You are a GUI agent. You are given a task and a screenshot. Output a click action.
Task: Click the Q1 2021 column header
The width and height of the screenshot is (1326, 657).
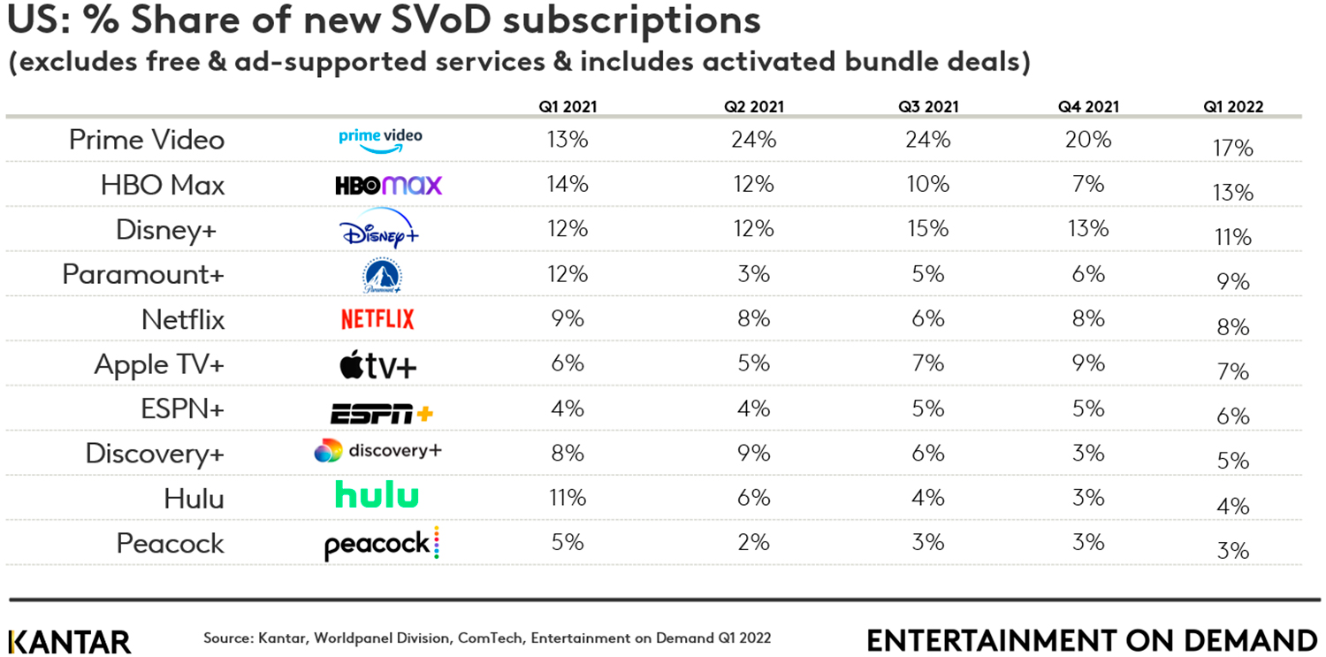tap(568, 107)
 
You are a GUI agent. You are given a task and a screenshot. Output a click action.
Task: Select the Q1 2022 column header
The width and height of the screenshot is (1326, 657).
tap(1232, 107)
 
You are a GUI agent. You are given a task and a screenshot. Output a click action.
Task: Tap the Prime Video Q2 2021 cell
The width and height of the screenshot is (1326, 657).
tap(754, 140)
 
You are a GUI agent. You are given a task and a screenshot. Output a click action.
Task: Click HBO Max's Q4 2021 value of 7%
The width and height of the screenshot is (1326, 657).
tap(1088, 184)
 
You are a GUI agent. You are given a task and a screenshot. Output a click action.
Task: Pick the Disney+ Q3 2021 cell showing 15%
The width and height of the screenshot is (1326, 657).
tap(928, 229)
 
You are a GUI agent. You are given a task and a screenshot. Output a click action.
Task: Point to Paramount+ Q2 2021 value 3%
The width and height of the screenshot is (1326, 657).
tap(754, 274)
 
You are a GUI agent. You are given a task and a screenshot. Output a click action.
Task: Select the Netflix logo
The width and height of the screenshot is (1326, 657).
tap(377, 319)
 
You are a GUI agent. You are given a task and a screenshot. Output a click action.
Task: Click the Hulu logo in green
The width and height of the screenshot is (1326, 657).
tap(377, 495)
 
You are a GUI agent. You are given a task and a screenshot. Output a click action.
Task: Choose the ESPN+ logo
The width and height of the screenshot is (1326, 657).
tap(381, 412)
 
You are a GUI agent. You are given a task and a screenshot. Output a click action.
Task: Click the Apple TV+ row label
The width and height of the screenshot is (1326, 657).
tap(159, 365)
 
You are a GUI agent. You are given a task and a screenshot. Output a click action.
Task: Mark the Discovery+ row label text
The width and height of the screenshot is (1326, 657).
tap(155, 455)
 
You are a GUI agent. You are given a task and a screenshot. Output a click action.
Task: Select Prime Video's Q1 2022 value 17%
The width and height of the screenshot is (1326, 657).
tap(1232, 148)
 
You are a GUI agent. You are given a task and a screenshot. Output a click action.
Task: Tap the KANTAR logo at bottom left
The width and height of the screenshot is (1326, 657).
tap(69, 641)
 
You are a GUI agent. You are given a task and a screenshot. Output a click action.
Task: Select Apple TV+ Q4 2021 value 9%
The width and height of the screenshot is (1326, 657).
tap(1088, 363)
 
